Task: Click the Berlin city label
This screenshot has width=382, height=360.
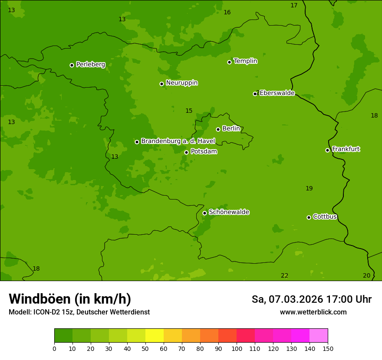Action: tap(231, 128)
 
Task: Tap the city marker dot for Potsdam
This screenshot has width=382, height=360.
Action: tap(186, 152)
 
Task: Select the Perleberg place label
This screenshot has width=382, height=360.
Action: tap(91, 65)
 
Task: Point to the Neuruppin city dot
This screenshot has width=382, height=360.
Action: tap(161, 84)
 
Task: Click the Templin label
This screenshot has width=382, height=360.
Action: tap(245, 61)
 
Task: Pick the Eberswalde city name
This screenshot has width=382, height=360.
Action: tap(277, 93)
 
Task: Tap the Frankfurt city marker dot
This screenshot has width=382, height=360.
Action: tap(327, 150)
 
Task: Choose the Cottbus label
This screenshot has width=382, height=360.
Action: tap(325, 216)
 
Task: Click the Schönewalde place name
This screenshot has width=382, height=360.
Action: tap(229, 212)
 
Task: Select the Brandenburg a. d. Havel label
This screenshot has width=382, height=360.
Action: tap(178, 141)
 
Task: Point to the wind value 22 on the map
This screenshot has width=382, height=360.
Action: tap(284, 275)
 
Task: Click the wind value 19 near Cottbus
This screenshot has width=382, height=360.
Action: tap(309, 188)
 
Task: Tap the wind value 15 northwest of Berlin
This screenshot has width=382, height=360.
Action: tap(189, 111)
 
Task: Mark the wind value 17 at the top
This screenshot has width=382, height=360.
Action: tap(294, 5)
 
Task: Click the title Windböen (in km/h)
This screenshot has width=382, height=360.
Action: tap(70, 299)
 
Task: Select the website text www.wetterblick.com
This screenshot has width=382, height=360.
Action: tap(313, 312)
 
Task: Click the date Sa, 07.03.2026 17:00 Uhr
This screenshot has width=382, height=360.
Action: tap(311, 299)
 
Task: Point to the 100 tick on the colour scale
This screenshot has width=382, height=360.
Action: tap(237, 348)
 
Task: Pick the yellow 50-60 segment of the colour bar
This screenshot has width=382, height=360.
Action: tap(155, 335)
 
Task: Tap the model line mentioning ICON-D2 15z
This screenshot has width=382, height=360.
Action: tap(79, 312)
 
